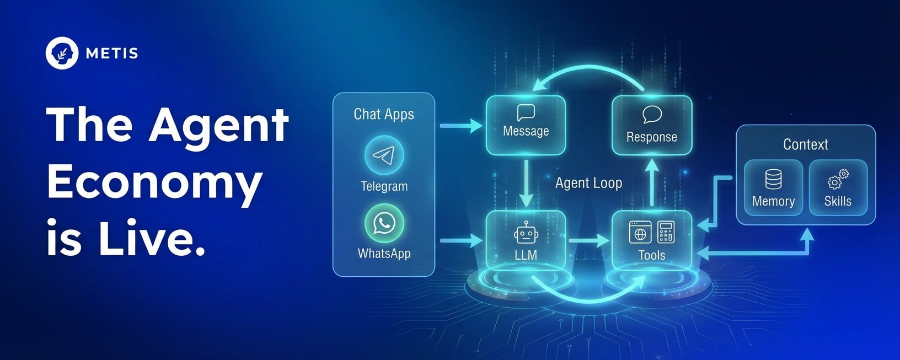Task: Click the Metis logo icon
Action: point(62,53)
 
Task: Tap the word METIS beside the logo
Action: point(112,53)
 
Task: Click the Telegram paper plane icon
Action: point(384,155)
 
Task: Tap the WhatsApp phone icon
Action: point(384,223)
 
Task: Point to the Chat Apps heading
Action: point(384,114)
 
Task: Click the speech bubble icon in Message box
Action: point(526,113)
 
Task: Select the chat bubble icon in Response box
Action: point(652,115)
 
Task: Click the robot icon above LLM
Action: point(526,233)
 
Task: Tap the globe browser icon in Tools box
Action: point(640,233)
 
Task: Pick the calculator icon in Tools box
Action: point(666,233)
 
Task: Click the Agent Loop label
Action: point(588,183)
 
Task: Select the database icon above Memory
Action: point(773,180)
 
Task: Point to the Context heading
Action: point(805,144)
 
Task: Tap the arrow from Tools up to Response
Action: point(652,182)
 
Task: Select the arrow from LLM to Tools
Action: point(588,241)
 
